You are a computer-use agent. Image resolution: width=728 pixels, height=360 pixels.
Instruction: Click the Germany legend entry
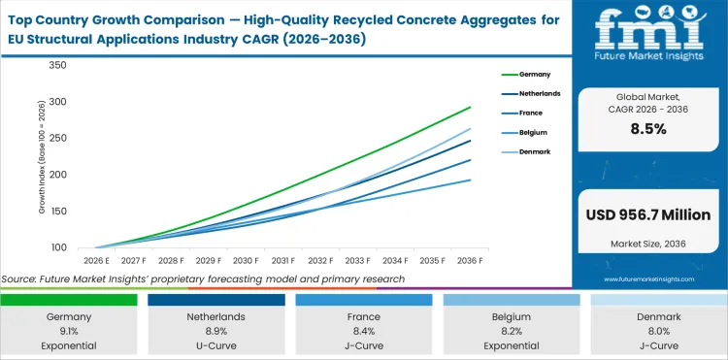click(528, 73)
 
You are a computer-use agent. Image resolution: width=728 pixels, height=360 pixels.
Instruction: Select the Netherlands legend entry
click(534, 93)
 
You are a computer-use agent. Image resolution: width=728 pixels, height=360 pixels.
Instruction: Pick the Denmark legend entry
click(530, 152)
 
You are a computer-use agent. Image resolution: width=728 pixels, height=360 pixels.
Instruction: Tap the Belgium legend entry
click(529, 133)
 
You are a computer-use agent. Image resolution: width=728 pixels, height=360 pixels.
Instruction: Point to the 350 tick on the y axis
click(56, 65)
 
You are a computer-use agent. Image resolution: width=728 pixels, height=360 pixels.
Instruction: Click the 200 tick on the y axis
click(56, 175)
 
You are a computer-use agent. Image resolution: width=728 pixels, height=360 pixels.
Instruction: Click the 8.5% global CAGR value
click(647, 129)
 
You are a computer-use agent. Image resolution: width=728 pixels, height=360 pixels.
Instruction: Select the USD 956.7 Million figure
click(647, 214)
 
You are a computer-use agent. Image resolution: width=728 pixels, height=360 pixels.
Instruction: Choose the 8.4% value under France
click(364, 332)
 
